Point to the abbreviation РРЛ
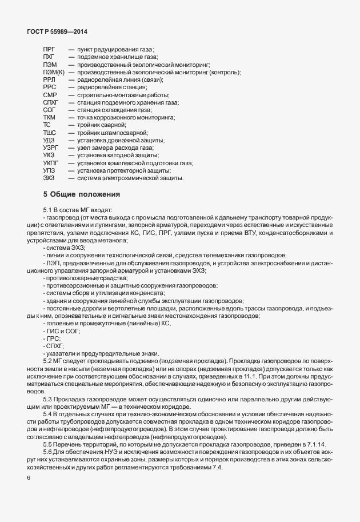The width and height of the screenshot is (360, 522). click(49, 80)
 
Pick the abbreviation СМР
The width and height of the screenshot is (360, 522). click(50, 95)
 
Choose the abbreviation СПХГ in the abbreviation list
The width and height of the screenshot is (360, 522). click(51, 102)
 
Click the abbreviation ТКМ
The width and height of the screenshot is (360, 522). click(50, 117)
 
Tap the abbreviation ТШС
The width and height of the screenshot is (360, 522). click(50, 132)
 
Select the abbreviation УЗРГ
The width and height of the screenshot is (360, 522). click(51, 148)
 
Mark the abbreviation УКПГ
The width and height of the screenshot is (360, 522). click(51, 163)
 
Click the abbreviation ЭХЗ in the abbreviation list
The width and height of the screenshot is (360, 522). click(49, 178)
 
